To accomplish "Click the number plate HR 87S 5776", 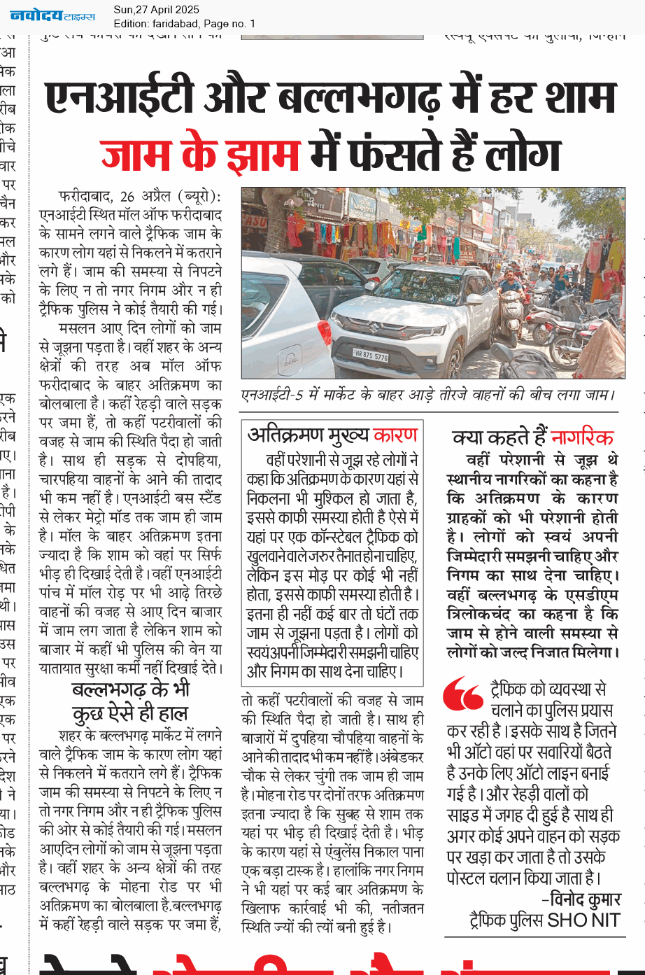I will (x=371, y=356).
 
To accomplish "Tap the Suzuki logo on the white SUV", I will (x=369, y=325).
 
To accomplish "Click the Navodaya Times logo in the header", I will (x=52, y=15).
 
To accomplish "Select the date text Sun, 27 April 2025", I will (x=156, y=10).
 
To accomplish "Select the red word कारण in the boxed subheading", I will (x=395, y=435).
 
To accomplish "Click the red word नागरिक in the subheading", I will (x=582, y=438).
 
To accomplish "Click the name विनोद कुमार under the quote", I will (x=585, y=899).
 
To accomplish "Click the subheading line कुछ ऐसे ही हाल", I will (x=130, y=714).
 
